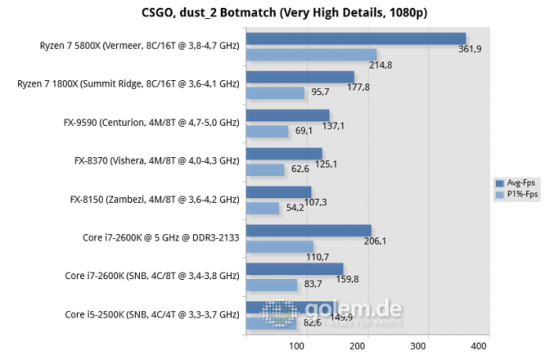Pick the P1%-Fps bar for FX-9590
click(267, 131)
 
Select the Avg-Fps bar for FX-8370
click(284, 153)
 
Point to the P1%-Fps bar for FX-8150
click(262, 208)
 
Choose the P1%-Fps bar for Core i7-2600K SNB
click(272, 285)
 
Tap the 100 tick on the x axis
click(306, 345)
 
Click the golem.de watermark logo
click(330, 313)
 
